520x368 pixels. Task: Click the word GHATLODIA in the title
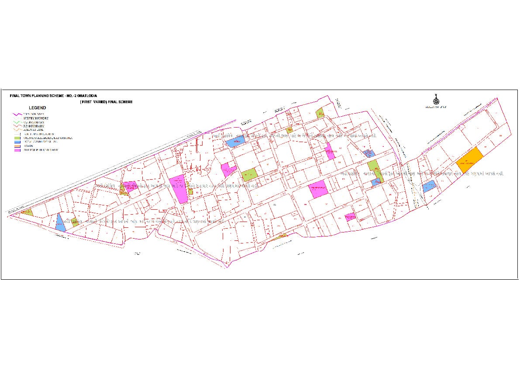pyautogui.click(x=87, y=95)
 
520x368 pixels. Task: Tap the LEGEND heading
pyautogui.click(x=37, y=108)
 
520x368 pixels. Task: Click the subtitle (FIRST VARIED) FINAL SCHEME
pyautogui.click(x=106, y=101)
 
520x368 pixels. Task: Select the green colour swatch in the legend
pyautogui.click(x=17, y=138)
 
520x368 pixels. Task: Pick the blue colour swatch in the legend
pyautogui.click(x=17, y=142)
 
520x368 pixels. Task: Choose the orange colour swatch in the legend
pyautogui.click(x=17, y=146)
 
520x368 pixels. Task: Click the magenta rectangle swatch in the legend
pyautogui.click(x=17, y=150)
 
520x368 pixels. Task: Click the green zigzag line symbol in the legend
pyautogui.click(x=17, y=122)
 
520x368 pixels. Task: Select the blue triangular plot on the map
pyautogui.click(x=60, y=223)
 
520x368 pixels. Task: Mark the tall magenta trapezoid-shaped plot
pyautogui.click(x=179, y=188)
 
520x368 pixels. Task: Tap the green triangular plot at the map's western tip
pyautogui.click(x=28, y=212)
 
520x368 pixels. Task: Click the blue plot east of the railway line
pyautogui.click(x=429, y=187)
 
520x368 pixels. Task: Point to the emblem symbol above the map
pyautogui.click(x=434, y=99)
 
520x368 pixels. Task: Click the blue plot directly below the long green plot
pyautogui.click(x=375, y=182)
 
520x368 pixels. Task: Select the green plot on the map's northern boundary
pyautogui.click(x=320, y=113)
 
